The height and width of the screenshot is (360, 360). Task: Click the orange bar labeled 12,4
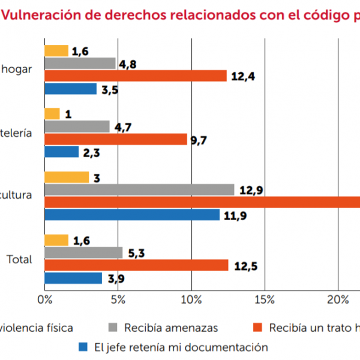click(x=136, y=76)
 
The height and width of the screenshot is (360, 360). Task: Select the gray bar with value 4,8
click(x=80, y=63)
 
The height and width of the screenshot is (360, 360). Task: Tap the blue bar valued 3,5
click(x=71, y=89)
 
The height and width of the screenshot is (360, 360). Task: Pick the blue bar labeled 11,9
click(x=132, y=215)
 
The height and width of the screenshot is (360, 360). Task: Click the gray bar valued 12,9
click(x=139, y=190)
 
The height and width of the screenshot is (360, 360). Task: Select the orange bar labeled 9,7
click(x=116, y=139)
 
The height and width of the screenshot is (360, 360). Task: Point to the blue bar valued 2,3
click(x=62, y=152)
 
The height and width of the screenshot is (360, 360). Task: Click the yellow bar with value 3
click(x=67, y=177)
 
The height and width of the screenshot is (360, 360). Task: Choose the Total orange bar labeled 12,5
click(x=136, y=265)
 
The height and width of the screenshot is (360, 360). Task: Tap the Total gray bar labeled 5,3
click(x=83, y=253)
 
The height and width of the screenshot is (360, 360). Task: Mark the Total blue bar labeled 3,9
click(x=73, y=278)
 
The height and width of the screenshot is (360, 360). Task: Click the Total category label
click(x=19, y=260)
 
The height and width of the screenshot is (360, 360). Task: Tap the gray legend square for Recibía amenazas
click(x=112, y=328)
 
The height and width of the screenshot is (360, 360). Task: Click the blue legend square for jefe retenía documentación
click(x=83, y=347)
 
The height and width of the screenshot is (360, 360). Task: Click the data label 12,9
click(x=252, y=190)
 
